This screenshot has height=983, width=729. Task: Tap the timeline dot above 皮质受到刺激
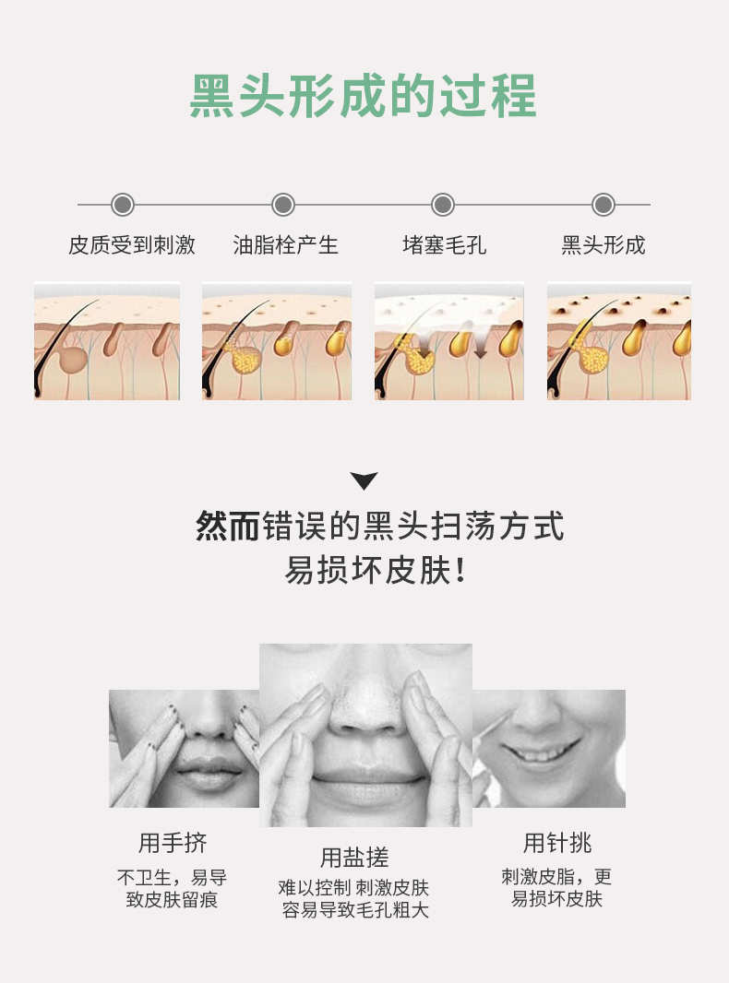[x=123, y=205]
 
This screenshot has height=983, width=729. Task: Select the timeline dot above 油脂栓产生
[x=283, y=205]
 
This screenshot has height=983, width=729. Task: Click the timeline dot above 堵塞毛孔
[x=443, y=205]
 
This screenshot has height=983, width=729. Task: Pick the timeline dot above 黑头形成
[x=604, y=205]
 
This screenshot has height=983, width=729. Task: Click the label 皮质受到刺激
[x=132, y=245]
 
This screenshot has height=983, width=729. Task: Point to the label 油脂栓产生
[x=285, y=245]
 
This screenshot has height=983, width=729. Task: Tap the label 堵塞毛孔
[x=444, y=245]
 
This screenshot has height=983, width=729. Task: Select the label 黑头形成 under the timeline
[x=604, y=245]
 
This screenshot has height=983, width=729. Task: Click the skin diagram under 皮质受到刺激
[x=107, y=341]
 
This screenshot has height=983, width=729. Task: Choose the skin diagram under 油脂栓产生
[x=277, y=341]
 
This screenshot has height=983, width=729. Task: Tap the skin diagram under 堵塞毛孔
[x=449, y=341]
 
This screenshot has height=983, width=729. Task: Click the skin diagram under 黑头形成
[x=619, y=341]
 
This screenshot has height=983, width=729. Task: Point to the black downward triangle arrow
[x=364, y=480]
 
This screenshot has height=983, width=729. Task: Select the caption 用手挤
[x=173, y=843]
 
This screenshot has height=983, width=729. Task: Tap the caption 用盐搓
[x=354, y=858]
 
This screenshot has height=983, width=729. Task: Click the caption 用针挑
[x=557, y=843]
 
